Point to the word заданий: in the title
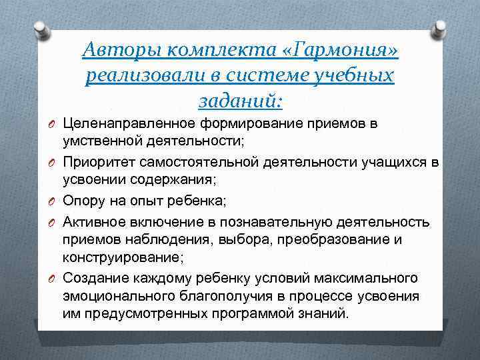coord(240,101)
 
